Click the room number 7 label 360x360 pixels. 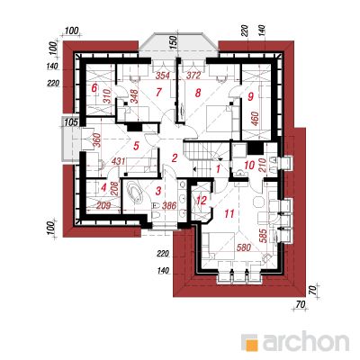coord(159,92)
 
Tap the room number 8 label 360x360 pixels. coord(197,93)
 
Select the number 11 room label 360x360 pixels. coord(229,213)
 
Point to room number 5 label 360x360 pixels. coord(136,146)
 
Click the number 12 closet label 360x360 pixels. coord(202,201)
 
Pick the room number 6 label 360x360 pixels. coord(94,88)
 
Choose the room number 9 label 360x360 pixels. coord(251,96)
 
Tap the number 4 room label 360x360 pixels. coord(103,188)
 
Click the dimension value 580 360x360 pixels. coord(244,247)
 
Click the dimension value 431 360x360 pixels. coord(118,161)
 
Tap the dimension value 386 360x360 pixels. coord(169,205)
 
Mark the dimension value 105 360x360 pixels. coord(71,122)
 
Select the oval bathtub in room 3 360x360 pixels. coord(135,193)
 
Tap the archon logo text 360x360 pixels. coord(306,342)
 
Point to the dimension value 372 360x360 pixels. coord(193,76)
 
